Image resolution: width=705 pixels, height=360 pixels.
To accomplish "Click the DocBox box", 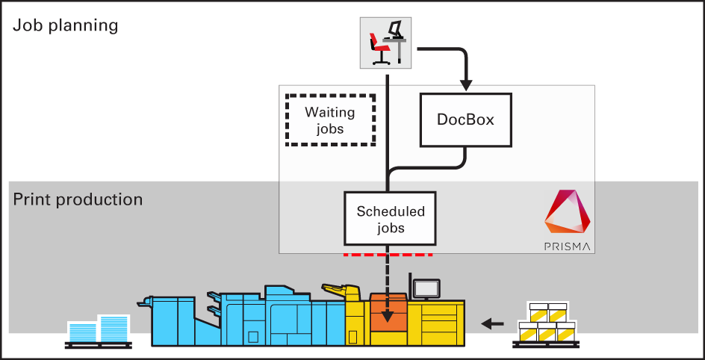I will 466,120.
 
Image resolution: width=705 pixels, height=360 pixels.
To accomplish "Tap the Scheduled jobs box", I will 390,219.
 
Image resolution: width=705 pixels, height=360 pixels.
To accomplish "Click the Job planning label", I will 66,25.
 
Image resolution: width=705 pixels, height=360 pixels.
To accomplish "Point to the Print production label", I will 78,199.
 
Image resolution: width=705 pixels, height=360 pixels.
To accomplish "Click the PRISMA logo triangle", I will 568,213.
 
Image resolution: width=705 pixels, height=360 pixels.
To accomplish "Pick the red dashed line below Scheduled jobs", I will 388,255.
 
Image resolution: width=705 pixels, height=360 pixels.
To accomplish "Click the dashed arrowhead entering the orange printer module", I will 388,318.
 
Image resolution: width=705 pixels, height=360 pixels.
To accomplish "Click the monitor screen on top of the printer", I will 426,288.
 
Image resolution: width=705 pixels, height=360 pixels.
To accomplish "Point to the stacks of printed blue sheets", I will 98,329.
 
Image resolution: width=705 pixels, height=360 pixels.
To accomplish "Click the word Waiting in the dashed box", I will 329,113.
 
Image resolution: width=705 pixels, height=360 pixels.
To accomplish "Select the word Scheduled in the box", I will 390,211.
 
